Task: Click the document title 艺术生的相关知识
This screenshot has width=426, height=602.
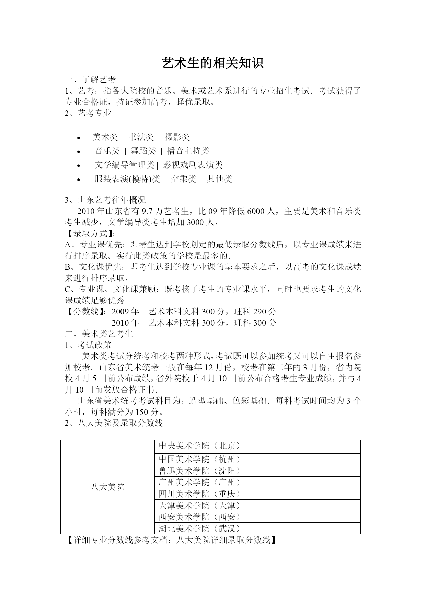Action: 213,63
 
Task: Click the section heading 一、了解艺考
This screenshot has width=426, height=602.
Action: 91,80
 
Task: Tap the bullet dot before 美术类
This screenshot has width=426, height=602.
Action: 79,138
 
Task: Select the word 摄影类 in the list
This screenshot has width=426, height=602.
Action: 177,137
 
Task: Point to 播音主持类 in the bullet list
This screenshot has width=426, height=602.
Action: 188,151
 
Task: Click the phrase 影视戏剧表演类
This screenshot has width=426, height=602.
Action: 193,165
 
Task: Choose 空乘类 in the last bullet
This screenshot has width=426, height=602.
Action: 183,179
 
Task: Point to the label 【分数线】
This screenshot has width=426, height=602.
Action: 86,312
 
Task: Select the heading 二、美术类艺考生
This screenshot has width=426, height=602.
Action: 99,334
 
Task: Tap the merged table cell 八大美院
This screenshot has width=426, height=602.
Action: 107,487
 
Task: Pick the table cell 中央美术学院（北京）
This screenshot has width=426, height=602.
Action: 199,446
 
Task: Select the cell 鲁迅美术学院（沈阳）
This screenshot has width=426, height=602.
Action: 199,471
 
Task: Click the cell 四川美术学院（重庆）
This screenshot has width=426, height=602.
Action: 199,494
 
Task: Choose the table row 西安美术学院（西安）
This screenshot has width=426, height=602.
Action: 199,517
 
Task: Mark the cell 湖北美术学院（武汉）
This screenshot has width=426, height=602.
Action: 199,529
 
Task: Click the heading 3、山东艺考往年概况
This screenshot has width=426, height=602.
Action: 105,200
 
